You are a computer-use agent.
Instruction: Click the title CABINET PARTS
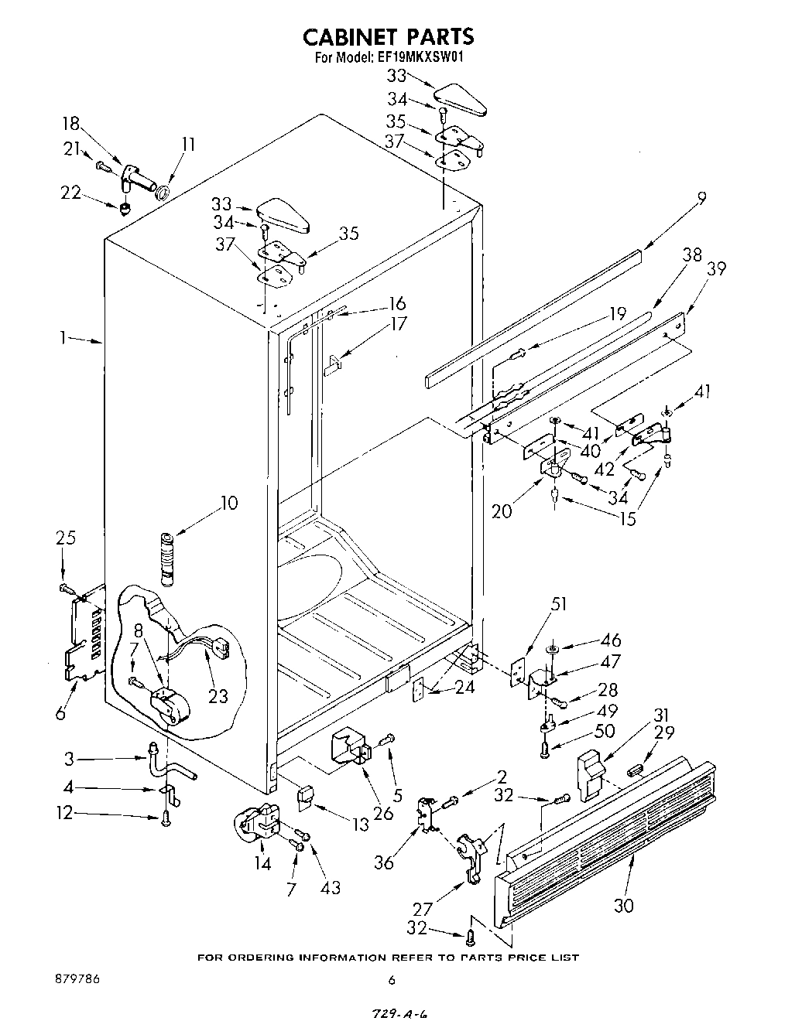(x=387, y=36)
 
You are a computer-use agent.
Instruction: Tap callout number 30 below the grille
(x=623, y=904)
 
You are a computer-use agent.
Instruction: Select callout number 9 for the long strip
(x=701, y=199)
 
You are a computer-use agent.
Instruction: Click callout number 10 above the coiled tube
(x=228, y=504)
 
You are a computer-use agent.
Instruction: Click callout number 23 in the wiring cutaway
(x=218, y=696)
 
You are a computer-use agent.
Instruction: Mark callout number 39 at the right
(x=716, y=268)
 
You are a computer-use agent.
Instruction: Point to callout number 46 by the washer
(x=611, y=640)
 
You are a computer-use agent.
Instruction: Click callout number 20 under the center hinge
(x=502, y=511)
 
